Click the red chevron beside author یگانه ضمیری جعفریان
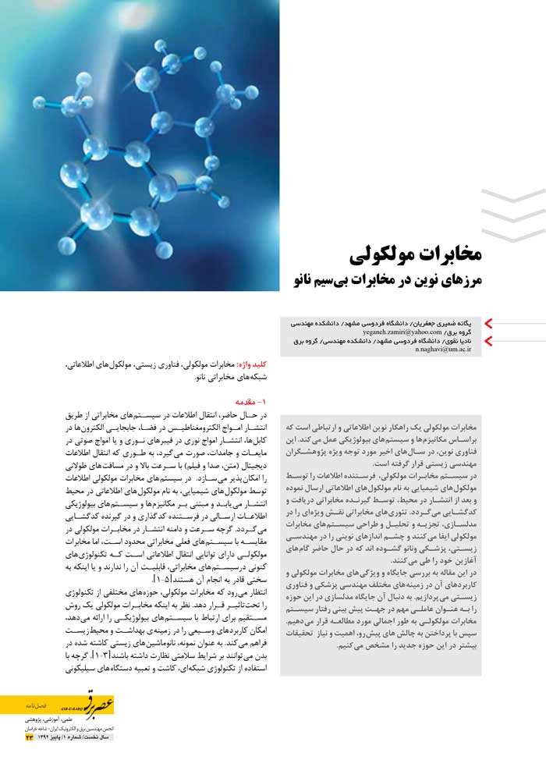490,322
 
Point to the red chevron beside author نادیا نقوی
490,340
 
